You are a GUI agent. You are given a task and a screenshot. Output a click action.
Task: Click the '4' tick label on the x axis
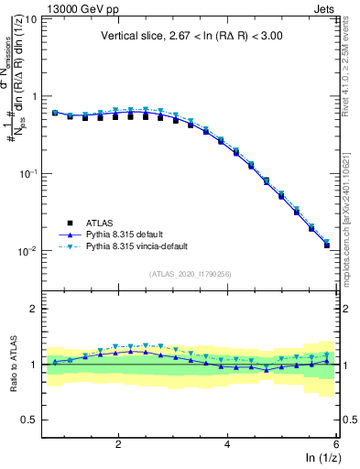tap(227, 444)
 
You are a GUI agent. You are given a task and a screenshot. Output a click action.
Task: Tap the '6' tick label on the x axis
tap(336, 444)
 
